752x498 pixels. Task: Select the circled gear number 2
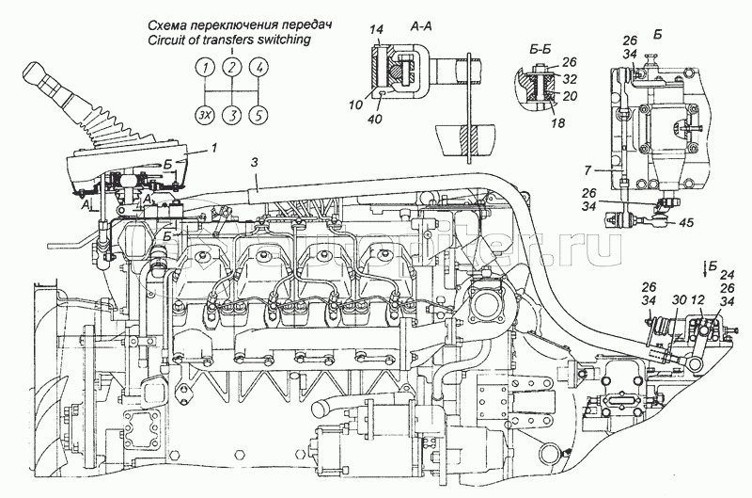[231, 67]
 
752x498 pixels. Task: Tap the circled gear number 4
[259, 67]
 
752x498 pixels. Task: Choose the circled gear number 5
[259, 116]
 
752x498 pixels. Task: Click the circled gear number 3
[231, 116]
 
